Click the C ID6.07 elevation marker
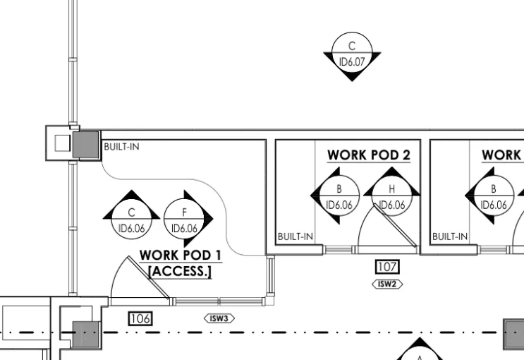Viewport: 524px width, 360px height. (352, 54)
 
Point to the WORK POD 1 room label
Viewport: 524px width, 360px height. (181, 256)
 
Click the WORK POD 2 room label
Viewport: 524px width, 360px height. (369, 155)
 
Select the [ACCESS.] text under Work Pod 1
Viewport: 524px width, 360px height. (180, 271)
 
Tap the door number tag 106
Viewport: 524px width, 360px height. (140, 318)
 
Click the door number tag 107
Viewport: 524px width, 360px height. (387, 267)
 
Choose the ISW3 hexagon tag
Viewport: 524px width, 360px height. (219, 318)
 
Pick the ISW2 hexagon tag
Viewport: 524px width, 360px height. (387, 284)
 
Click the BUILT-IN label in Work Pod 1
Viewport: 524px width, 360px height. (121, 147)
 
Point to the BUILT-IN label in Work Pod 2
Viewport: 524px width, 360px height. (295, 237)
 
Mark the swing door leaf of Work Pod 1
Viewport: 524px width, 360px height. (149, 277)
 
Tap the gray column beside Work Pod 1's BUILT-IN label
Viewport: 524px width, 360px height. (86, 145)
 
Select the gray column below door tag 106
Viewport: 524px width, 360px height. (86, 335)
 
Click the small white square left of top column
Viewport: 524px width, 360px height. (63, 143)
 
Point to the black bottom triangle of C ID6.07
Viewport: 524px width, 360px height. (352, 78)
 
